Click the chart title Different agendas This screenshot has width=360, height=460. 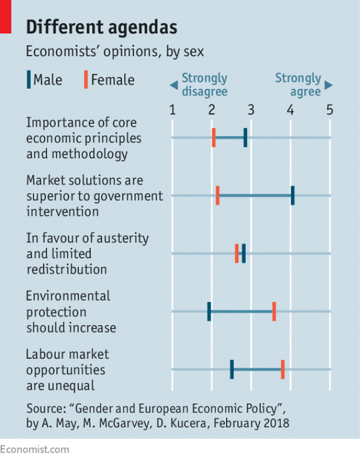coord(102,27)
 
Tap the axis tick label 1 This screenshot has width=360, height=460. coord(172,110)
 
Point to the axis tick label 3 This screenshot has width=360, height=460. coord(251,110)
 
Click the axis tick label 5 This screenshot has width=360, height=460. coord(330,110)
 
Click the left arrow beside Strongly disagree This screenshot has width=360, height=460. coord(173,85)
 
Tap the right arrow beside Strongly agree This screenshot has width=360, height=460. coord(329,85)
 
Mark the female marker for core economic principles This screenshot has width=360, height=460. coord(214,137)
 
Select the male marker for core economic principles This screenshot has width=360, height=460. coord(245,137)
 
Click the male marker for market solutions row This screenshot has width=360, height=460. coord(292,196)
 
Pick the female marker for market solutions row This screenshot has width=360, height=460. coord(218,196)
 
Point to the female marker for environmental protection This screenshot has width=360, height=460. coord(274,311)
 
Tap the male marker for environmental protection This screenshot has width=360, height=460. coord(209,311)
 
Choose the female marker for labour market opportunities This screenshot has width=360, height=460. coord(282,369)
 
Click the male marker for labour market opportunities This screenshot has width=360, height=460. coord(232,369)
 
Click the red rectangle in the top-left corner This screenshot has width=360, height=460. coord(6,16)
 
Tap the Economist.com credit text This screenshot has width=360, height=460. coord(35,449)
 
